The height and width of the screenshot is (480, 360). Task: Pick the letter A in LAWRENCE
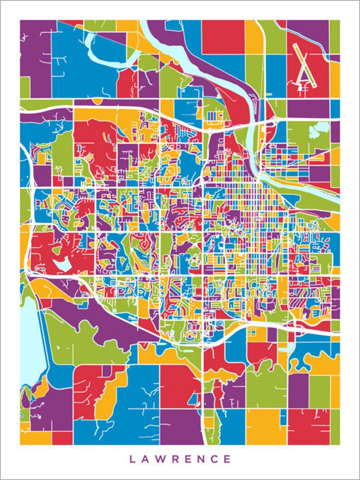pos(146,459)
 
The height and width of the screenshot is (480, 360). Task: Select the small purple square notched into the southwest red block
pos(107,371)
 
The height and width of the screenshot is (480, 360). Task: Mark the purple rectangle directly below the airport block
pos(308,109)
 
